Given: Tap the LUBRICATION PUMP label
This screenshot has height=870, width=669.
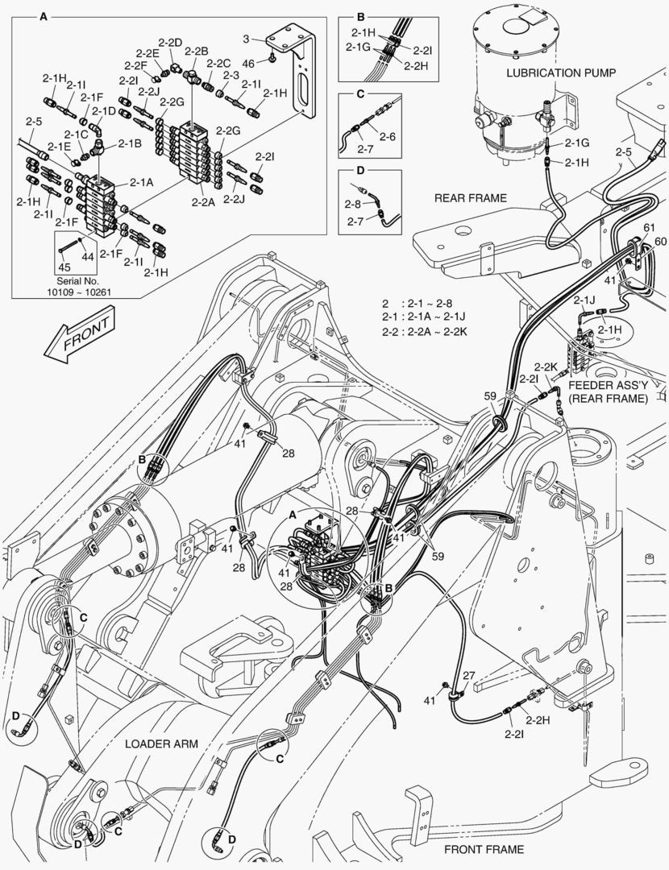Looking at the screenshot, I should pos(561,72).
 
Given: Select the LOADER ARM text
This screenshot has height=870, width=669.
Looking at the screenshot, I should pos(161,744).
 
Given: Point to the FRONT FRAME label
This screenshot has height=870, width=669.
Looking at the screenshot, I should pos(484,849).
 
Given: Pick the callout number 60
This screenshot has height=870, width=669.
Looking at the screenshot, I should pos(661,242).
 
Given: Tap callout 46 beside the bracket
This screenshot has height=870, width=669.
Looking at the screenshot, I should pos(250,62).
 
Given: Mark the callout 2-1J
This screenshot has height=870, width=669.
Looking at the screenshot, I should pos(584,300).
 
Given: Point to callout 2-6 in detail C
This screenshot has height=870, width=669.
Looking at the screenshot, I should pos(388,137).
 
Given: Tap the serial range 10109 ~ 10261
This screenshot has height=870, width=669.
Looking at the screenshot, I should pos(79,292).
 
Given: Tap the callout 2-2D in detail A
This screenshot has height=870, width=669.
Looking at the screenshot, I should pos(170,42).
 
